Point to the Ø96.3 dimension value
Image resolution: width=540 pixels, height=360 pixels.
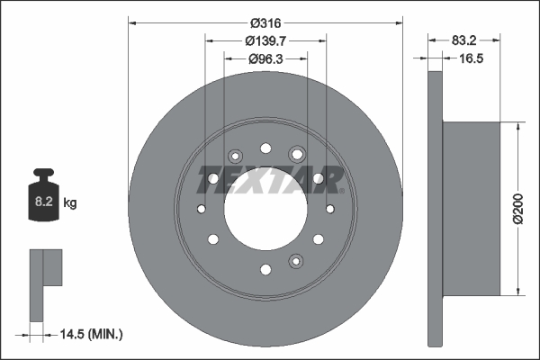click(265, 58)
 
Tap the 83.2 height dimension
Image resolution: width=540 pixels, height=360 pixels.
click(463, 40)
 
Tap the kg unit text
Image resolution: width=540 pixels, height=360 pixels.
click(70, 203)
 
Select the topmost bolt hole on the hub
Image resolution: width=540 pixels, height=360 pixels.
click(265, 148)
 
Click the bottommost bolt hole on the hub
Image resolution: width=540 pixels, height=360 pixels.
click(265, 268)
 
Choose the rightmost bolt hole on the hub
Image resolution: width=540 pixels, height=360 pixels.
click(329, 209)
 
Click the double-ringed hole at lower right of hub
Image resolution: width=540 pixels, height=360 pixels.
click(295, 261)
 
